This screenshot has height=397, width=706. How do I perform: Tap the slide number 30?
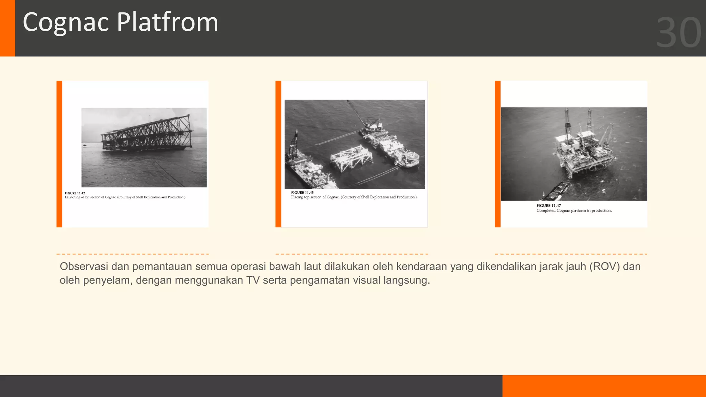click(x=678, y=33)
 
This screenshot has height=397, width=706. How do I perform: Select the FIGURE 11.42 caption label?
click(x=75, y=193)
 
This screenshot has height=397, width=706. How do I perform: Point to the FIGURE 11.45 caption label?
click(x=302, y=193)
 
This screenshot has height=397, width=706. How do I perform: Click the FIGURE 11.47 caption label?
click(x=548, y=206)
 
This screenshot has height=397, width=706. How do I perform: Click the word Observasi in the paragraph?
click(x=84, y=267)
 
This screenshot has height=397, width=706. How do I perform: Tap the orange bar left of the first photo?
click(x=59, y=154)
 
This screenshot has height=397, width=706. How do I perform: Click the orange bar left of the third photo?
click(x=497, y=154)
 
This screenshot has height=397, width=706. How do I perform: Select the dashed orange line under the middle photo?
click(x=352, y=254)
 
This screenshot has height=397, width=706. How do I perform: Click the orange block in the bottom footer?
click(x=604, y=386)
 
